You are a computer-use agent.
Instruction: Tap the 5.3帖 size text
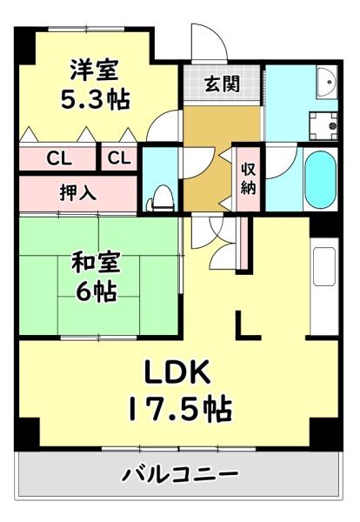[95, 99]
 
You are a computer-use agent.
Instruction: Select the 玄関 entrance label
[221, 84]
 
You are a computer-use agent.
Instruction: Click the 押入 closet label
[78, 191]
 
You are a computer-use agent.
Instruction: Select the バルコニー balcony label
[179, 475]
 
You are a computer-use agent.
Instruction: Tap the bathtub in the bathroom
[320, 180]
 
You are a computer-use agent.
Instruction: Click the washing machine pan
[327, 124]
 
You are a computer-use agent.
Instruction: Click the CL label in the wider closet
[58, 159]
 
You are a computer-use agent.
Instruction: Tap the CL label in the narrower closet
[119, 159]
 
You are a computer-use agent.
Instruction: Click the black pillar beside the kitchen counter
[323, 224]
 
